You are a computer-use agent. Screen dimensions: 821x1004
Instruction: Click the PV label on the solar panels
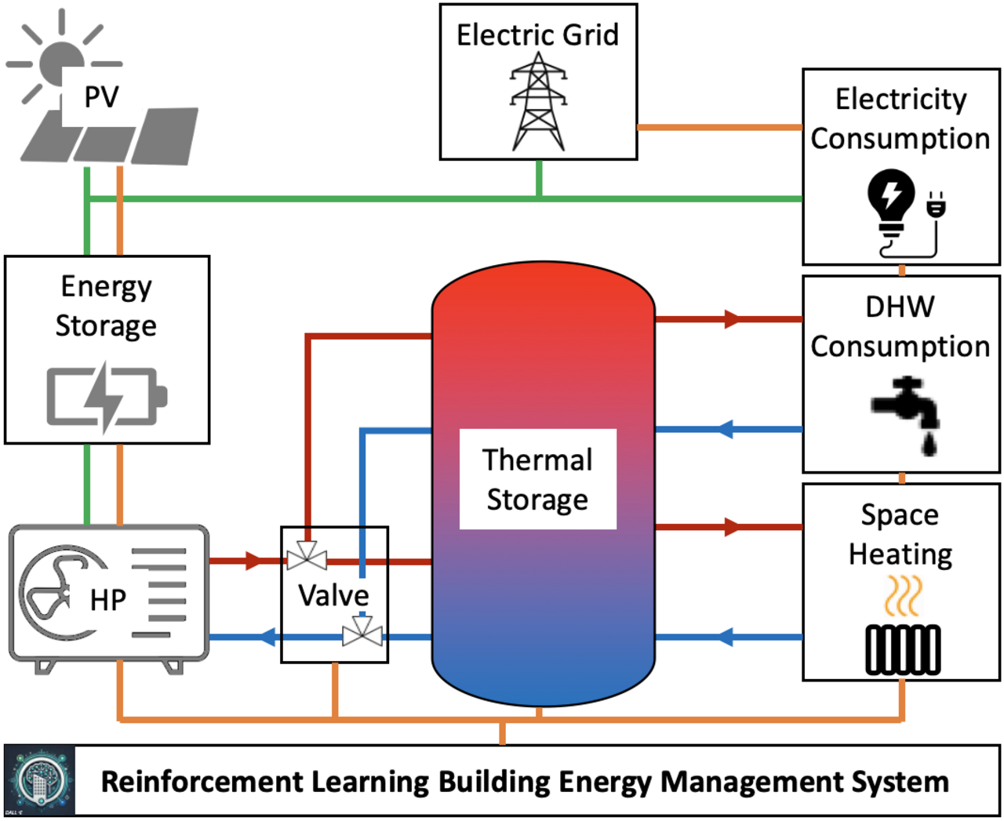click(101, 97)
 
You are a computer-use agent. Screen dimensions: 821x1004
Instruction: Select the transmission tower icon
click(538, 102)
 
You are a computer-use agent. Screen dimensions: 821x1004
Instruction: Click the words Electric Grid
click(538, 35)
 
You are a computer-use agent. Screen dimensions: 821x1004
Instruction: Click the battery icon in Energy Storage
click(107, 396)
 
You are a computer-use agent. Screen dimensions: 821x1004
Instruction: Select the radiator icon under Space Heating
click(903, 649)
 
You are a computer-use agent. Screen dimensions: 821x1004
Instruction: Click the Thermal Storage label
click(537, 479)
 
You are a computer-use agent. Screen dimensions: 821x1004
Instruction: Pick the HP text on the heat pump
click(108, 600)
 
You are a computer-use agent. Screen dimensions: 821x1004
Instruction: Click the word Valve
click(333, 595)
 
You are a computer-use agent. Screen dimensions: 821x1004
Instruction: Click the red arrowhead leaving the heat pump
click(253, 561)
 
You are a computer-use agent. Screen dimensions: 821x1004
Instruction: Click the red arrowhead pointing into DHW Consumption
click(732, 319)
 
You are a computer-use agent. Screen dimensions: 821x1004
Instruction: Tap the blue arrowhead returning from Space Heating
click(726, 637)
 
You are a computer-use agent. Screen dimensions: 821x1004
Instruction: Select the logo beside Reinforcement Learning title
click(40, 781)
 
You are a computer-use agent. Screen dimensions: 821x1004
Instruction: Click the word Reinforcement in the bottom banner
click(202, 782)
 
